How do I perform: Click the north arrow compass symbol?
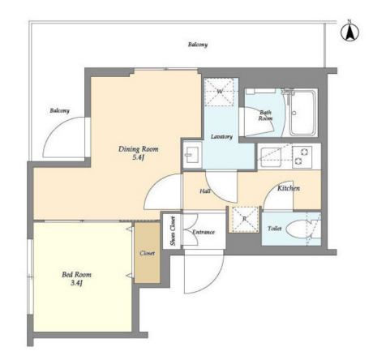[x=349, y=32]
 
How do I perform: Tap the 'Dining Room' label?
[x=139, y=149]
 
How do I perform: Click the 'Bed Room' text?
[x=77, y=275]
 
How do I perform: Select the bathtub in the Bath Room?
[x=303, y=113]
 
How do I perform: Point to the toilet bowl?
[x=299, y=229]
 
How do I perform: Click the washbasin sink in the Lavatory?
[x=192, y=155]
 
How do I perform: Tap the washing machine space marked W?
[x=219, y=92]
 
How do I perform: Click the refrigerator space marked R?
[x=245, y=220]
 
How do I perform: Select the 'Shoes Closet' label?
[x=173, y=231]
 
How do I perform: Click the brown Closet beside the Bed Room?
[x=148, y=253]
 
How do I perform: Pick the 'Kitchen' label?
[x=289, y=188]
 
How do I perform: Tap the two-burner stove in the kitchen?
[x=302, y=156]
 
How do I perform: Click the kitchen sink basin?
[x=270, y=157]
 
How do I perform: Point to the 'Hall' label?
[x=205, y=191]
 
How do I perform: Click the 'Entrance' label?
[x=204, y=232]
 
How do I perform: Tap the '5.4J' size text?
[x=138, y=158]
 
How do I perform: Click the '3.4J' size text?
[x=76, y=283]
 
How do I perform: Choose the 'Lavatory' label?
[x=221, y=137]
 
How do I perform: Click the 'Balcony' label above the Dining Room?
[x=198, y=45]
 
